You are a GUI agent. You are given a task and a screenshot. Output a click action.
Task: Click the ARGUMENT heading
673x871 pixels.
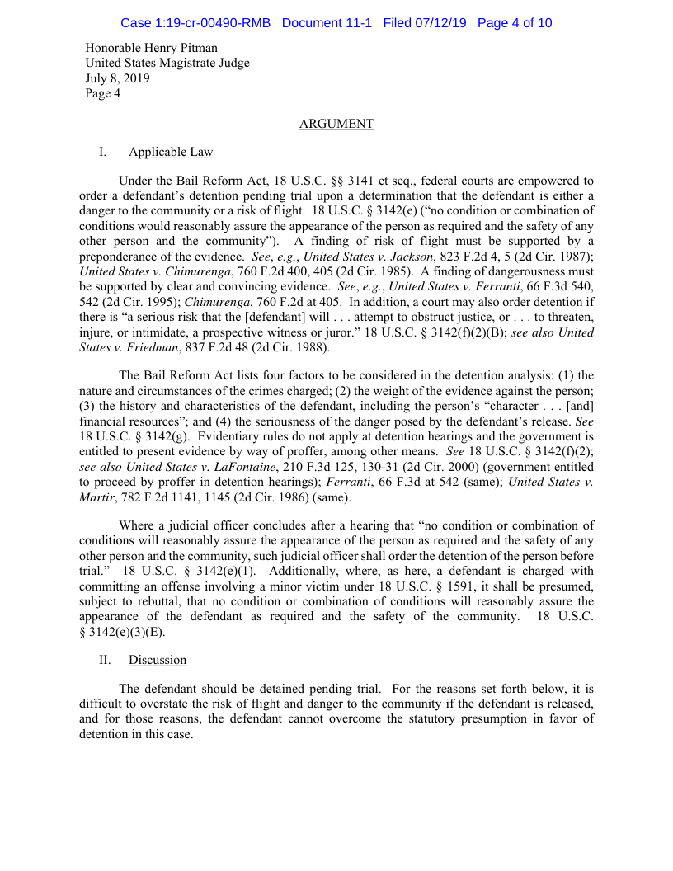pos(336,124)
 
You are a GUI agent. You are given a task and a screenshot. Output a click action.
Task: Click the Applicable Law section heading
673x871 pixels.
pos(171,152)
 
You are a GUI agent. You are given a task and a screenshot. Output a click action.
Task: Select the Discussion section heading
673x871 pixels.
pos(157,660)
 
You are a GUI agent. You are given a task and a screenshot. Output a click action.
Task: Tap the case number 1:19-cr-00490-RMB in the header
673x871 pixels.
pos(195,23)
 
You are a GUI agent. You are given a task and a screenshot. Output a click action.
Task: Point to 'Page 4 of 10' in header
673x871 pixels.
pos(515,23)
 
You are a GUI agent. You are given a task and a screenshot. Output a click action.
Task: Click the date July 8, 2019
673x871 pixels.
pos(117,78)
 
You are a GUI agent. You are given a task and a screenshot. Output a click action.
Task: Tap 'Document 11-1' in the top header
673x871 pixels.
pos(327,23)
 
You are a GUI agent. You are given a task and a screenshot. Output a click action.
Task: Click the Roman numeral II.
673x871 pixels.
pos(105,660)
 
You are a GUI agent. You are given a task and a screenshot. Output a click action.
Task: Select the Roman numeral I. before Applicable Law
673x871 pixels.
pos(103,152)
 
